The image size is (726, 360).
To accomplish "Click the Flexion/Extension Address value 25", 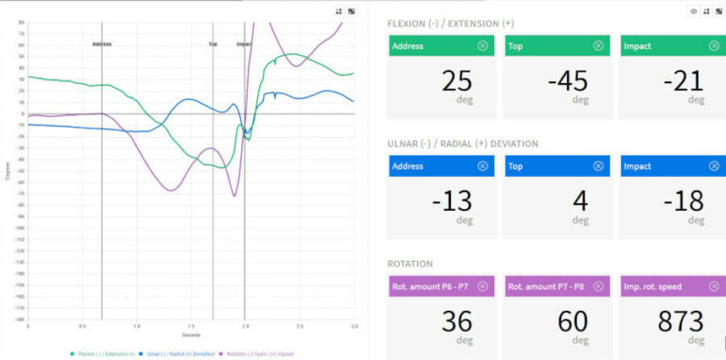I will [457, 81].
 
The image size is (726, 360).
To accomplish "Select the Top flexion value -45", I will [567, 81].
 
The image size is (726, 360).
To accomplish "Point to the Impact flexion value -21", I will [683, 81].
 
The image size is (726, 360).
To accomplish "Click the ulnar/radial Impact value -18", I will [683, 201].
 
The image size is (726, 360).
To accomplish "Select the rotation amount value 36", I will [457, 321].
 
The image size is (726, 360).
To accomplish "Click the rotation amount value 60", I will [572, 321].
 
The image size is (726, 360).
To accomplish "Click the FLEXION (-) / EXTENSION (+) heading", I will [450, 23].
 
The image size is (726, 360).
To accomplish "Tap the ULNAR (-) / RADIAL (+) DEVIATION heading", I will [463, 144].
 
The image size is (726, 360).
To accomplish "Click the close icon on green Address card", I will [482, 45].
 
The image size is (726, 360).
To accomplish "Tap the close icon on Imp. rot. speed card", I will [714, 286].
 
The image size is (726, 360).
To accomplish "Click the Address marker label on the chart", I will [102, 44].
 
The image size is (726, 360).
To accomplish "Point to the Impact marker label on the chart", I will [244, 44].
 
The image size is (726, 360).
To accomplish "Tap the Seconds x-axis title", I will [191, 334].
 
